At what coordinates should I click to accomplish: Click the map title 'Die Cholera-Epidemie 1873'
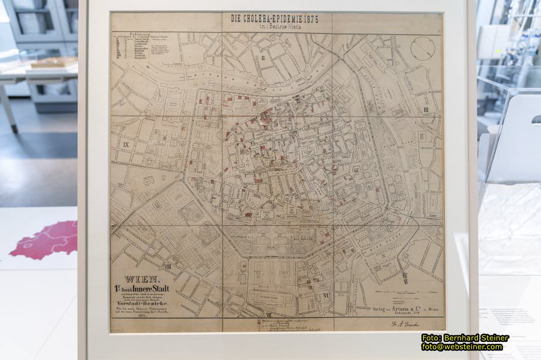(x=274, y=19)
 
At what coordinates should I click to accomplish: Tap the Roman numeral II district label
(x=263, y=58)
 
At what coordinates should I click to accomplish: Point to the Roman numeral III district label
(x=426, y=110)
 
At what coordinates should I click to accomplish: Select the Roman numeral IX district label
(x=126, y=145)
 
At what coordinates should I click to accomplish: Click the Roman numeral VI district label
(x=326, y=295)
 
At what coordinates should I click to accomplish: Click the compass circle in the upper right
(x=423, y=48)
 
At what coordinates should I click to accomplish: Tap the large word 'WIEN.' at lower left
(x=142, y=279)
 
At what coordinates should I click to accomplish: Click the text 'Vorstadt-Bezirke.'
(x=143, y=305)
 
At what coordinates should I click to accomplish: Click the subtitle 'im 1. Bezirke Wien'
(x=274, y=28)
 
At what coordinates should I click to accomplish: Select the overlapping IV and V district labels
(x=406, y=278)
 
